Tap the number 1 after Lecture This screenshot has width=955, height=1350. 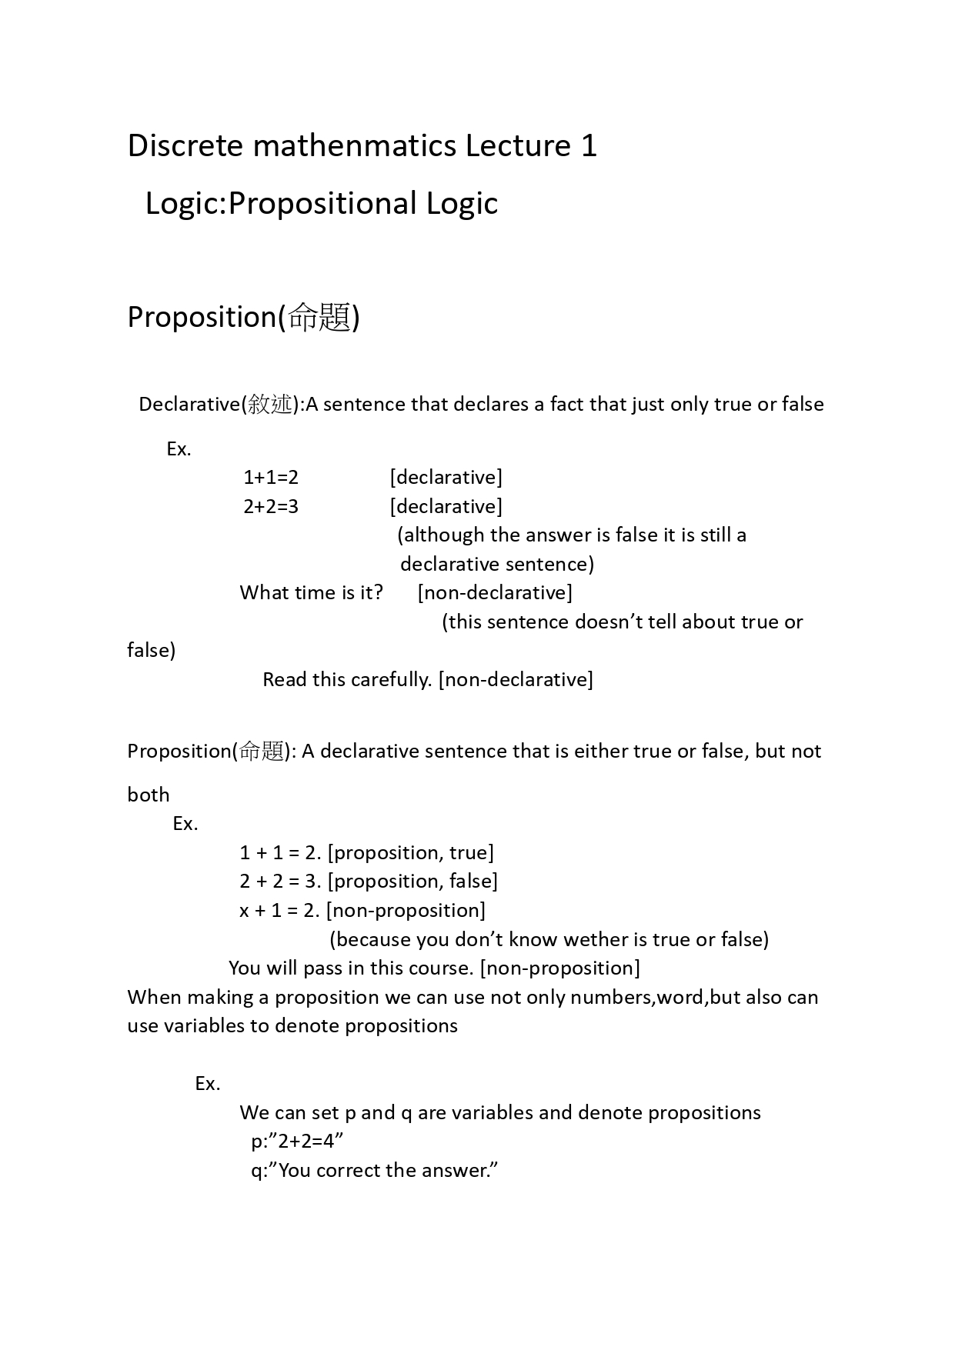tap(588, 146)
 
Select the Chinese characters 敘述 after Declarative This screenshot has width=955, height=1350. tap(270, 405)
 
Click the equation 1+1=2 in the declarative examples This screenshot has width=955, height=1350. tap(271, 478)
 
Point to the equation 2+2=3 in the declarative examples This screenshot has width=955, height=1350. tap(271, 507)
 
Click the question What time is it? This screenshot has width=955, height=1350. tap(311, 593)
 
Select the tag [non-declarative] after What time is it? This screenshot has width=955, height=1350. tap(495, 593)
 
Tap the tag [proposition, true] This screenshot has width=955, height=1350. tap(411, 853)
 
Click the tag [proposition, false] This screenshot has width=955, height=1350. tap(412, 882)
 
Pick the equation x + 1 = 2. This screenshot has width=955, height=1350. tap(279, 911)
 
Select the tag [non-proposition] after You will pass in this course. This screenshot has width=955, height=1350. tap(560, 968)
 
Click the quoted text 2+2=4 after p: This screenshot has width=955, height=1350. tap(306, 1142)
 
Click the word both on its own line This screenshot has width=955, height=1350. tap(149, 795)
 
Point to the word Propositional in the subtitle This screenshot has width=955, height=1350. tap(323, 204)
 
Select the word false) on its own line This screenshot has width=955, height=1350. tap(152, 651)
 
